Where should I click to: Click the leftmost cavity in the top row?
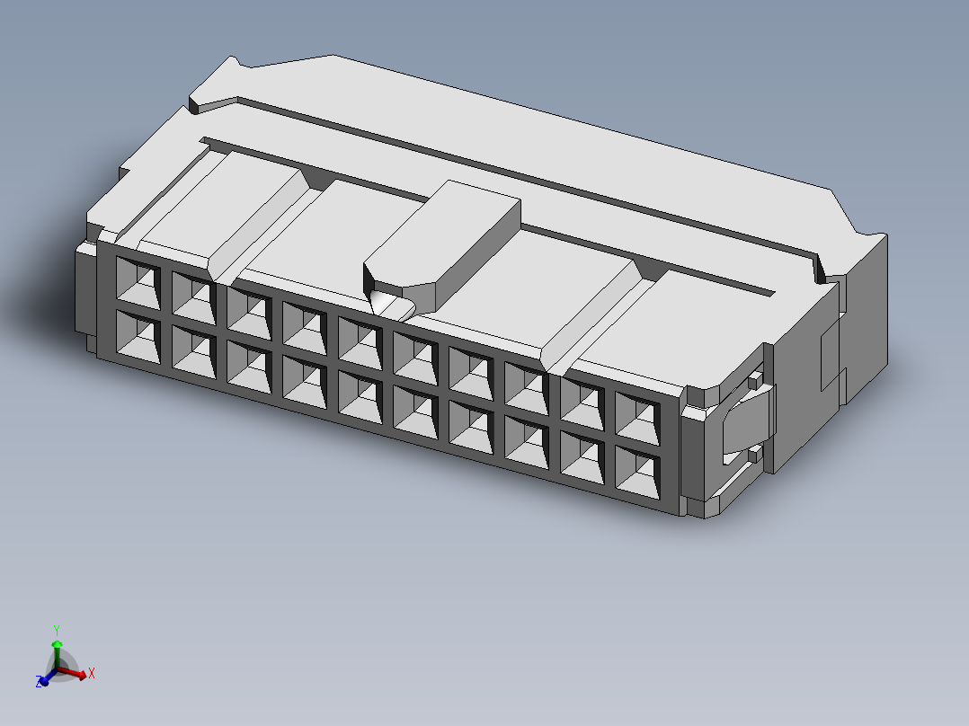tap(138, 281)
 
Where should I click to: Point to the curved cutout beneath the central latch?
tap(392, 305)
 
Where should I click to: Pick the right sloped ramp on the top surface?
tap(593, 314)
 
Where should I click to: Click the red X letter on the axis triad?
tap(92, 673)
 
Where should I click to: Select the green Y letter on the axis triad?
tap(56, 630)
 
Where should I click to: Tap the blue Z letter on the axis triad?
tap(40, 683)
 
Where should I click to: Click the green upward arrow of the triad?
tap(57, 649)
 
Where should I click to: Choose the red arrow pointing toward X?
tap(76, 673)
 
